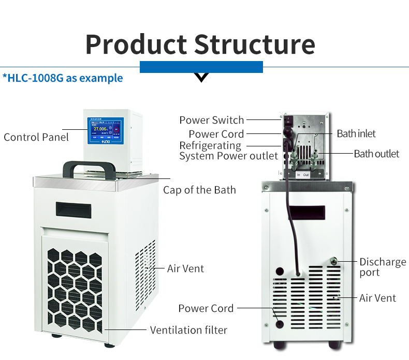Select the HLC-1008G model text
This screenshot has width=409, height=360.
(x=64, y=78)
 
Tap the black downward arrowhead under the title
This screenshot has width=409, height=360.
(x=201, y=78)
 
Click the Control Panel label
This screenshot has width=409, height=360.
(x=36, y=137)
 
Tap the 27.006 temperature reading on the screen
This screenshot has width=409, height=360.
(x=100, y=128)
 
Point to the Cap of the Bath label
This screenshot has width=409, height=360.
(x=199, y=190)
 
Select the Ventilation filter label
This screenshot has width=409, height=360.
(x=188, y=329)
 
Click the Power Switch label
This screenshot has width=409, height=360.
(x=211, y=120)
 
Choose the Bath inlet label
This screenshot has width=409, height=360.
(x=356, y=133)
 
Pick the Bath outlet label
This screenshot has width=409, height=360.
(x=376, y=154)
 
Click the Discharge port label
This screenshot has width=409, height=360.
(x=383, y=267)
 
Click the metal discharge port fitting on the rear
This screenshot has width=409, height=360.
(x=334, y=262)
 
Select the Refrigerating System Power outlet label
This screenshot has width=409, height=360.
(x=221, y=151)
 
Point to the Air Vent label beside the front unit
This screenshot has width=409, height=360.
(x=185, y=268)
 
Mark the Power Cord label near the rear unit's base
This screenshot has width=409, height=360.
(x=206, y=308)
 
